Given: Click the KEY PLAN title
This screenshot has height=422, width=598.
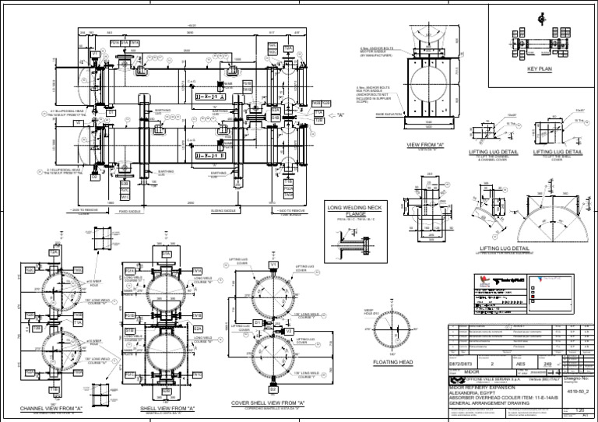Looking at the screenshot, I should point(539,69).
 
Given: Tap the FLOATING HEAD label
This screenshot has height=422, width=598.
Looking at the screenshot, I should point(392,362).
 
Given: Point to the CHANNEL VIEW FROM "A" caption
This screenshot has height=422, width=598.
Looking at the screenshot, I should point(51,408).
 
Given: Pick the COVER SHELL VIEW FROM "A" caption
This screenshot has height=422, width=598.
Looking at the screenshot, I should point(267,403).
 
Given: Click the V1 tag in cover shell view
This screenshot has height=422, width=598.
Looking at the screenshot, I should point(273,266).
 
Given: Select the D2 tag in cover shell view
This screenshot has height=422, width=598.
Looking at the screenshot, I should point(257,322).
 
